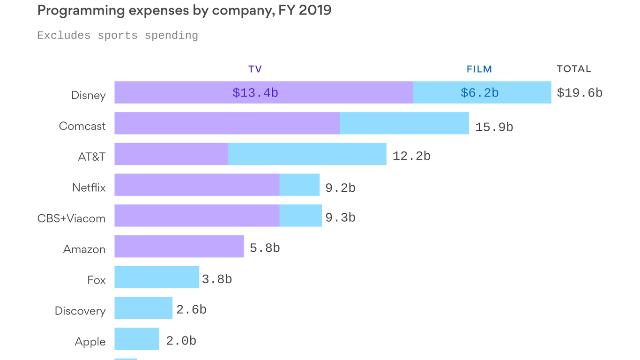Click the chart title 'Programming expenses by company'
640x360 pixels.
(x=184, y=10)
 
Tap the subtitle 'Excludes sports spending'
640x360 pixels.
(x=118, y=36)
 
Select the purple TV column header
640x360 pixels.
(x=255, y=69)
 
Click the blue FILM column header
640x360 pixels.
(x=479, y=69)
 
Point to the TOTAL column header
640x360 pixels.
(x=573, y=69)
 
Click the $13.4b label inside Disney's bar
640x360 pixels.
(x=255, y=93)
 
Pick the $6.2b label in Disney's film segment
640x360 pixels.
(x=479, y=93)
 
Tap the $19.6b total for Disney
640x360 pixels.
(x=579, y=93)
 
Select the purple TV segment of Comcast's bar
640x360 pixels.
(x=227, y=123)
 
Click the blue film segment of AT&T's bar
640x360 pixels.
(x=307, y=154)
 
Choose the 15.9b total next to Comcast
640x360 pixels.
(x=494, y=127)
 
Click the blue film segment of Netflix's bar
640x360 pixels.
(x=299, y=185)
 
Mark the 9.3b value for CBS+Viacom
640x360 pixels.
(x=340, y=218)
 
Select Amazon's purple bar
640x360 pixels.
(x=179, y=246)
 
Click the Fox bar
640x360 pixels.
(x=156, y=277)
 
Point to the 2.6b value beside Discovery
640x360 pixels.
(x=191, y=310)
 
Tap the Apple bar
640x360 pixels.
(x=137, y=338)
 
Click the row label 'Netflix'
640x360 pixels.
(x=89, y=188)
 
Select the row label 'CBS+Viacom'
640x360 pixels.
(x=71, y=218)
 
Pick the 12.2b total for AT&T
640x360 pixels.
(x=411, y=157)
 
